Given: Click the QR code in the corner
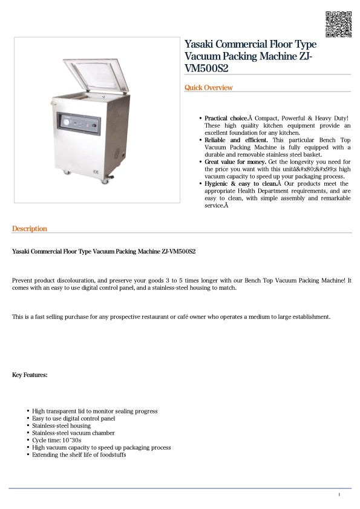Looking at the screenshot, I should (x=338, y=24).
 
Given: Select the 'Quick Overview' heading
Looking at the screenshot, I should (x=208, y=88).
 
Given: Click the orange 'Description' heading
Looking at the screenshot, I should (x=30, y=229).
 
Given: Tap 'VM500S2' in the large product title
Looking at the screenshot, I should (x=206, y=68).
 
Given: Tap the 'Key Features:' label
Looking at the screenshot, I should (x=30, y=375).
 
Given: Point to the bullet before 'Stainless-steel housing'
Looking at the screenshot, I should (x=28, y=426).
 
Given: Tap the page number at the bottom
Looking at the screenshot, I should (x=339, y=495).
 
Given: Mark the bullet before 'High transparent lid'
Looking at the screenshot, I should (x=28, y=412).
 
